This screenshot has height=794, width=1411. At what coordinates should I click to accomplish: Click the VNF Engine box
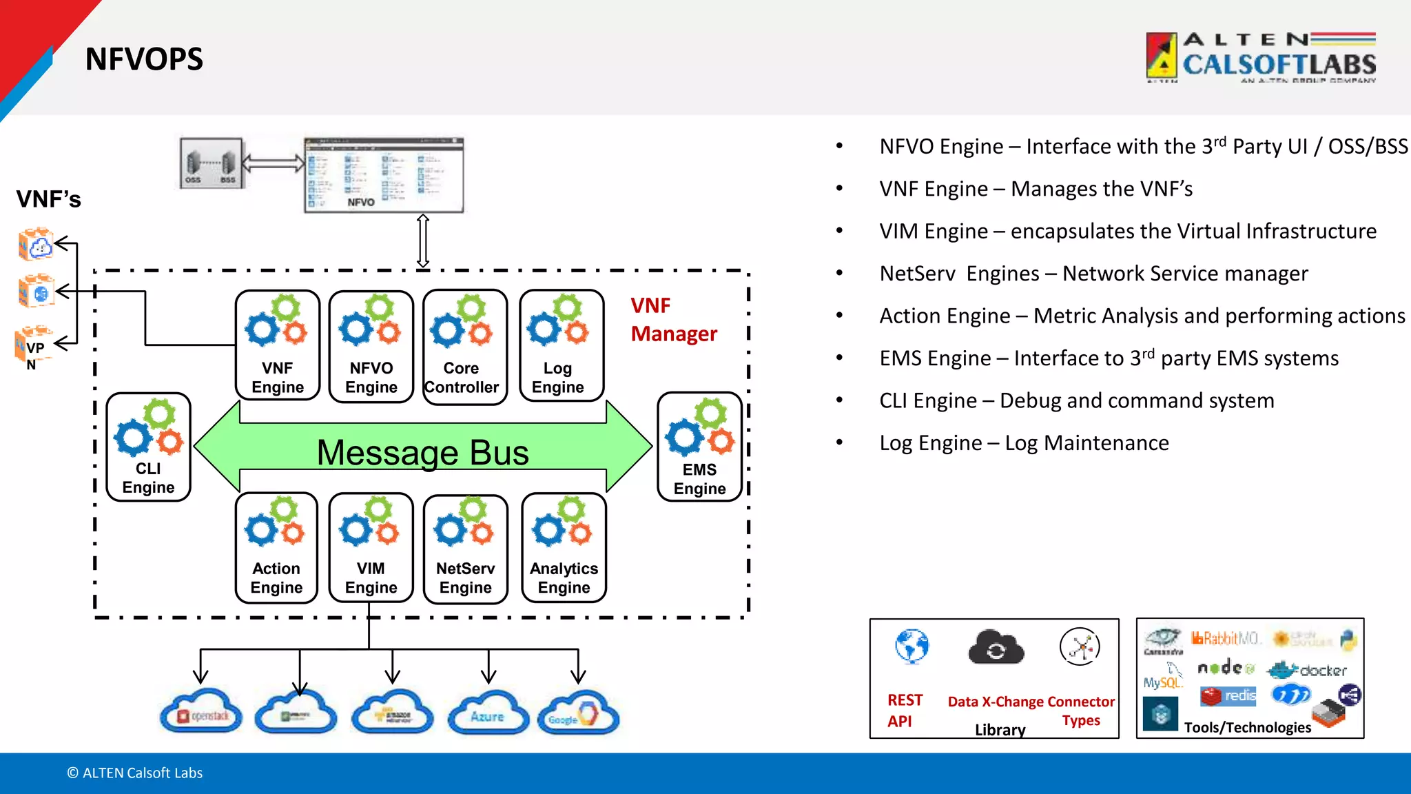277,345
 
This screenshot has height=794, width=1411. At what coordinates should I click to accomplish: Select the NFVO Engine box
371,345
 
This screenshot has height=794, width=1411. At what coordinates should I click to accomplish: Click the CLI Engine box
148,447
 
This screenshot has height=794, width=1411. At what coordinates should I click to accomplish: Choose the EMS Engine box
699,447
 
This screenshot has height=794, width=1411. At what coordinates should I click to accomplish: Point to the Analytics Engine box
564,548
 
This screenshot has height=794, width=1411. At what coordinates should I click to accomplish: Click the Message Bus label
422,453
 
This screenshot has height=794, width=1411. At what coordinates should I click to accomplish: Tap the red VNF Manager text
673,320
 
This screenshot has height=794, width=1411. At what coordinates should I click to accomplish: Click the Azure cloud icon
488,713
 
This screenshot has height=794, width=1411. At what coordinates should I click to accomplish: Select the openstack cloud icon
201,713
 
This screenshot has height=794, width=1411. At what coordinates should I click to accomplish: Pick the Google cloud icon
579,714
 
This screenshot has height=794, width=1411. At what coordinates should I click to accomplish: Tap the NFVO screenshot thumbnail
384,174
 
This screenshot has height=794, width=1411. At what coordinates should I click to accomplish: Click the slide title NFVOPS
144,59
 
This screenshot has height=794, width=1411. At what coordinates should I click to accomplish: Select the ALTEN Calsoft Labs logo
1261,58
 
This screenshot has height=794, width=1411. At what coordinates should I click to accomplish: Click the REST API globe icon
912,647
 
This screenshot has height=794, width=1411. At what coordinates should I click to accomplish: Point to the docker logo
1307,670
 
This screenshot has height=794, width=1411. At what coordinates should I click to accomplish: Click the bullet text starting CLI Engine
1076,400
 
